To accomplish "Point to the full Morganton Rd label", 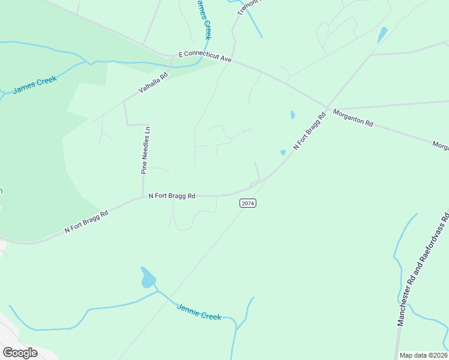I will point(353,118).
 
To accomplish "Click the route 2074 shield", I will point(248,203).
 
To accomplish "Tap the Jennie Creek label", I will point(199,311).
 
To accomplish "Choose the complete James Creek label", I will point(34,84).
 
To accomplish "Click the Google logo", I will point(20,352).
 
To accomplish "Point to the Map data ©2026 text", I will point(423,355).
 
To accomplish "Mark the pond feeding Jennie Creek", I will point(148,278).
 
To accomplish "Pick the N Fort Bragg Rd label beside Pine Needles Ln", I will point(172,196).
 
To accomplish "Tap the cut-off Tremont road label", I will point(249,6).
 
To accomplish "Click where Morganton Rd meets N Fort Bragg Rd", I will point(328,109).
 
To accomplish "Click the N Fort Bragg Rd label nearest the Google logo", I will point(87,222).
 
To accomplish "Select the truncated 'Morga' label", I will point(441,146).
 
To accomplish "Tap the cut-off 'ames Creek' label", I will point(204,18).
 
